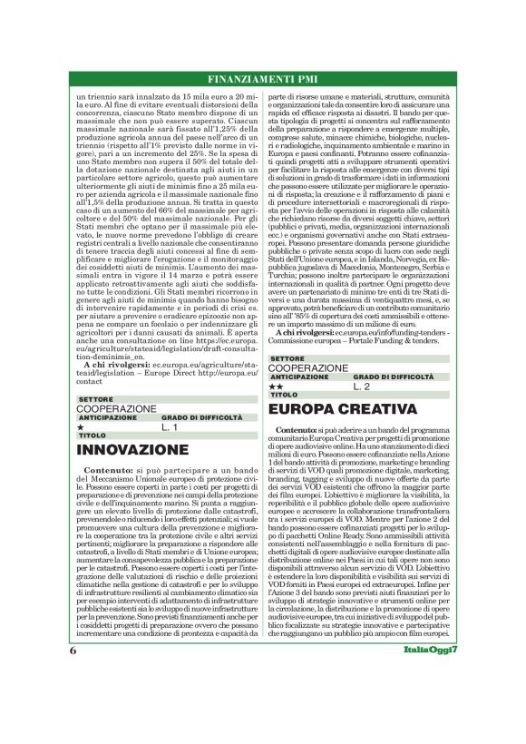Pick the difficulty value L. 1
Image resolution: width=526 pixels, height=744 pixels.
click(x=170, y=426)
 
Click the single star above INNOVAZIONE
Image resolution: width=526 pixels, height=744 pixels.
click(x=81, y=426)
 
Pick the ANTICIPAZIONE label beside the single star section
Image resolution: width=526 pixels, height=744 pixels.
click(x=111, y=417)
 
